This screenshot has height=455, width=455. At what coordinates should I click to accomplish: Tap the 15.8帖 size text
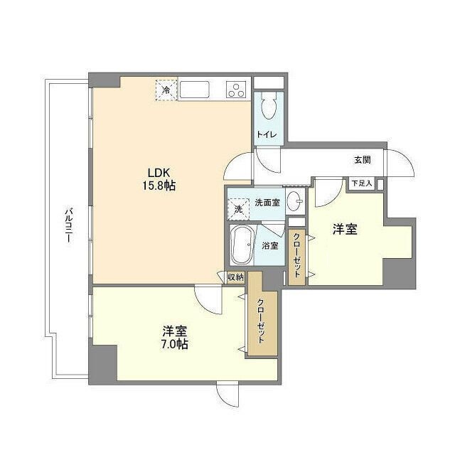click(161, 186)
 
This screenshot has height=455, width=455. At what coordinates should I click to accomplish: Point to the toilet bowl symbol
click(267, 107)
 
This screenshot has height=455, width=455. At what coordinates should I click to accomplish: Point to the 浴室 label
click(270, 246)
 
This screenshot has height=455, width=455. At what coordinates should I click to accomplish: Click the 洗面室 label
click(267, 203)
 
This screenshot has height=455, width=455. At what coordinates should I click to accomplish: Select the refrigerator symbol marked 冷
click(166, 90)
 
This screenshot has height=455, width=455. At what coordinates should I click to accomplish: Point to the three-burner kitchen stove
click(236, 90)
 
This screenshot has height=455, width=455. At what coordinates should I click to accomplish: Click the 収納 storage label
click(235, 277)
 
